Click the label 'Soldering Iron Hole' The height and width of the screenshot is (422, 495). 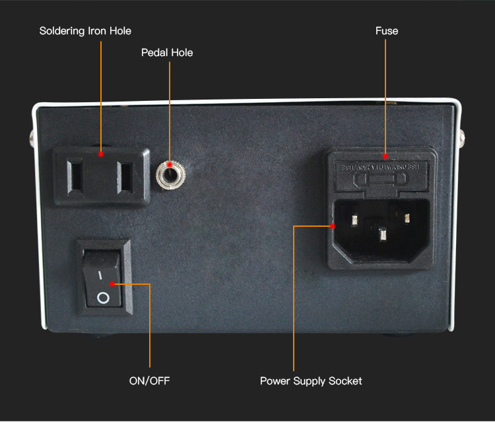click(85, 31)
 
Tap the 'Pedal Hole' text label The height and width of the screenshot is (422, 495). click(167, 52)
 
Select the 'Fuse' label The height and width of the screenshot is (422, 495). click(387, 31)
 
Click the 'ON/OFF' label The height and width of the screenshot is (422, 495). click(149, 380)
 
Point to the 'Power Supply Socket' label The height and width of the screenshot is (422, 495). click(311, 380)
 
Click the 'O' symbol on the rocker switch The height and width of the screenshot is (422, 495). click(103, 298)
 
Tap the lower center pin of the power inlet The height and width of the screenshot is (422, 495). click(381, 233)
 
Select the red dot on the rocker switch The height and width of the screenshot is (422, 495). click(113, 284)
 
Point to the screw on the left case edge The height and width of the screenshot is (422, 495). click(31, 139)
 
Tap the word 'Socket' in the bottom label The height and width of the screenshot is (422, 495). click(345, 380)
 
